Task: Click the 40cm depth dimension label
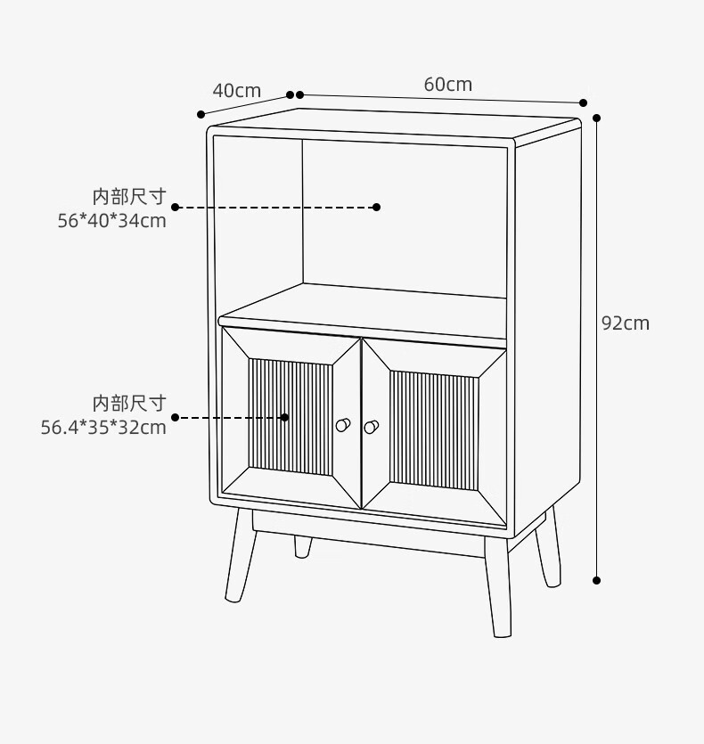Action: (236, 90)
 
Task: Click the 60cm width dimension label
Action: (447, 85)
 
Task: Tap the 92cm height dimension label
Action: (626, 323)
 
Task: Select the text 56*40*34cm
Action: (112, 221)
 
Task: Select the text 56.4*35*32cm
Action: (103, 427)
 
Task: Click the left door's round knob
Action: (342, 425)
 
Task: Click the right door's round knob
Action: (371, 427)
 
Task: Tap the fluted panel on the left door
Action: (291, 417)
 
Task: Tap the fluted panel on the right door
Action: (434, 429)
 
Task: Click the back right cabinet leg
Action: (547, 547)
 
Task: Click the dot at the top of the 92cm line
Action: (597, 117)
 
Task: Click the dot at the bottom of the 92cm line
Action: (597, 580)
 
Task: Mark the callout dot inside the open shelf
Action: (376, 207)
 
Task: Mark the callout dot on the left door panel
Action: (285, 417)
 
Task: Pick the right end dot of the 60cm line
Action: (584, 102)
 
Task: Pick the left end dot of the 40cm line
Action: (201, 114)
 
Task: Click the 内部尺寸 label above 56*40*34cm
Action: (129, 196)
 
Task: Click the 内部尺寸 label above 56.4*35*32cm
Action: (129, 403)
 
